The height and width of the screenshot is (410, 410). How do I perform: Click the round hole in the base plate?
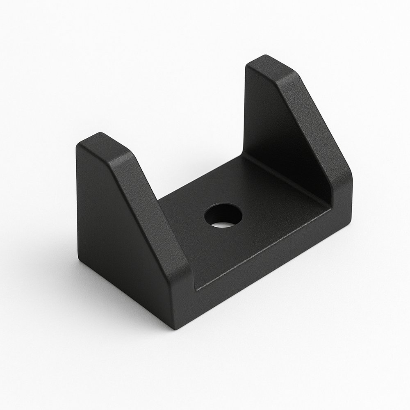pyautogui.click(x=223, y=216)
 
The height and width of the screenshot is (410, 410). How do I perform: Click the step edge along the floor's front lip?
pyautogui.click(x=262, y=250)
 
